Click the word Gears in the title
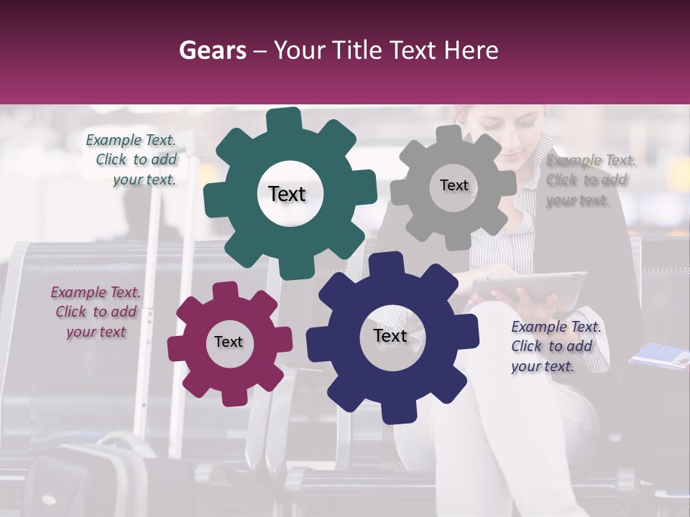[213, 50]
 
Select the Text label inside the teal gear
[287, 194]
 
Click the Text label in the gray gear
[454, 185]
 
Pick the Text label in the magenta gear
[229, 342]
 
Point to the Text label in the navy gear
[390, 335]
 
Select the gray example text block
[590, 180]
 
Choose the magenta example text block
[96, 312]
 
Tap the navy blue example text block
[556, 346]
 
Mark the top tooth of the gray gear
[449, 134]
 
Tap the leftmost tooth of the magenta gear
[177, 348]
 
